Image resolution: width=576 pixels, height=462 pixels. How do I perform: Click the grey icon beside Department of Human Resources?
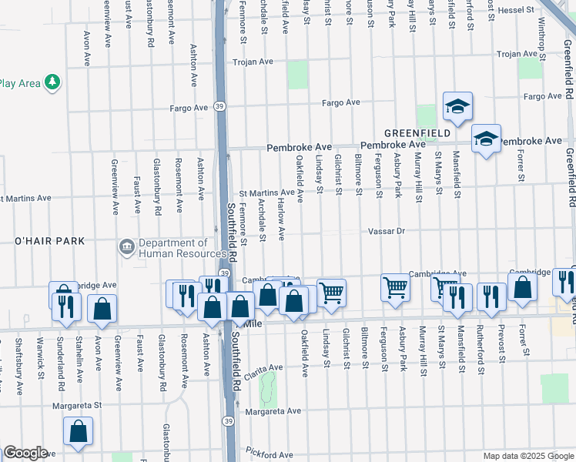(x=126, y=247)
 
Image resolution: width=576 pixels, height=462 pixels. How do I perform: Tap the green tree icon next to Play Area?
(x=52, y=82)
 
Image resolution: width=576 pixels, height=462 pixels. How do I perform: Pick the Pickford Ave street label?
(x=265, y=453)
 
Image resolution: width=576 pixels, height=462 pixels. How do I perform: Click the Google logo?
(x=25, y=452)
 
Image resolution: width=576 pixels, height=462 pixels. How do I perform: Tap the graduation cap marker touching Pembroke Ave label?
(x=486, y=139)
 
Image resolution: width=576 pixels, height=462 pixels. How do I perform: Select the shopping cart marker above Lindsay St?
(x=331, y=291)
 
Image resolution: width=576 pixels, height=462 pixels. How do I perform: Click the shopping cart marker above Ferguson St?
(x=395, y=287)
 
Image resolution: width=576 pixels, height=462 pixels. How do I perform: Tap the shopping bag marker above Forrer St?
(x=523, y=286)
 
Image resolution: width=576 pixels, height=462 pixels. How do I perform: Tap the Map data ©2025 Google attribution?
(x=528, y=456)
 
